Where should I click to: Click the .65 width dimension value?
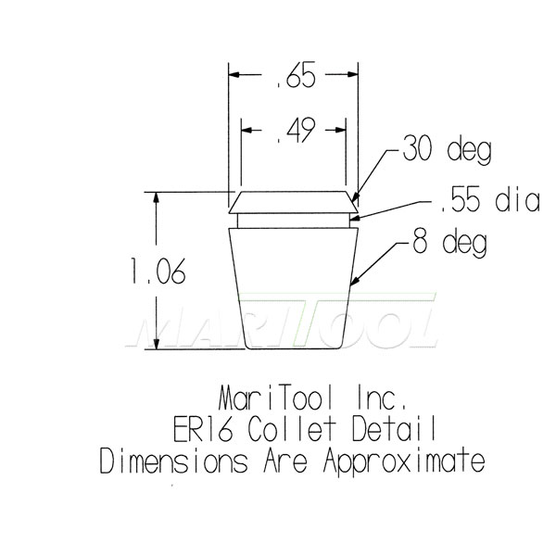tap(295, 78)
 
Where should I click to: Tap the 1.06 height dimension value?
tap(158, 273)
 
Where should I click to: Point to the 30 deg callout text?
tap(446, 149)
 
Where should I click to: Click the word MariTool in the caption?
tap(277, 400)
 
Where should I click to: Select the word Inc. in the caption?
tap(377, 400)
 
